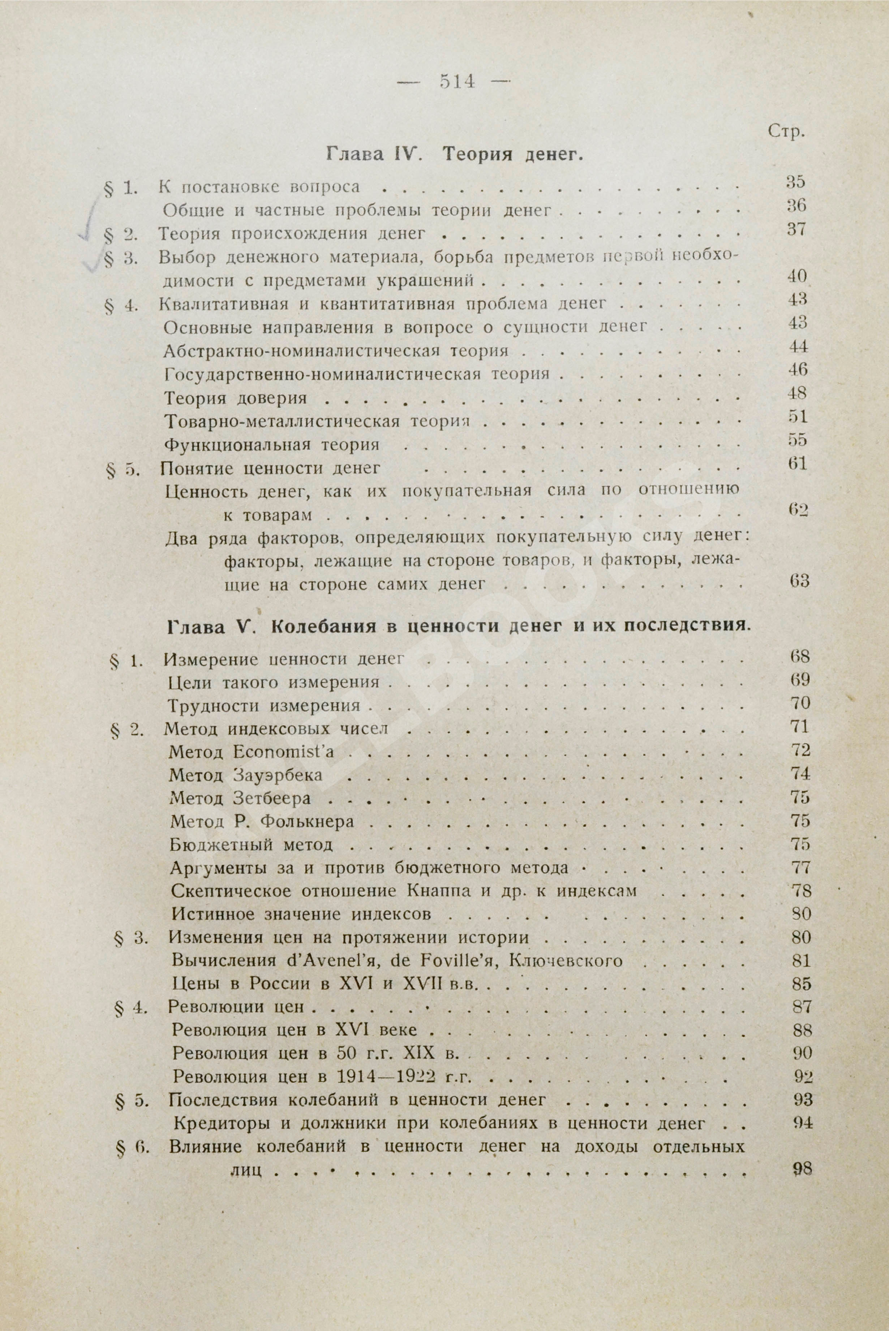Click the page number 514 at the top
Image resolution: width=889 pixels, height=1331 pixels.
pyautogui.click(x=457, y=82)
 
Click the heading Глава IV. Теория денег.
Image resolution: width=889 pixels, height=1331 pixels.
pyautogui.click(x=455, y=154)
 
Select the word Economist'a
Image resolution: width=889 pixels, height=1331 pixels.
pyautogui.click(x=283, y=752)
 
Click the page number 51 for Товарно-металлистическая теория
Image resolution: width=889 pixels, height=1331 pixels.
pyautogui.click(x=798, y=416)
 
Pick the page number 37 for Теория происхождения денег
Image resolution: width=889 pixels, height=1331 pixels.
pyautogui.click(x=796, y=229)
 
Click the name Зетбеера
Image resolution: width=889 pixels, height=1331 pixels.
pyautogui.click(x=272, y=798)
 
